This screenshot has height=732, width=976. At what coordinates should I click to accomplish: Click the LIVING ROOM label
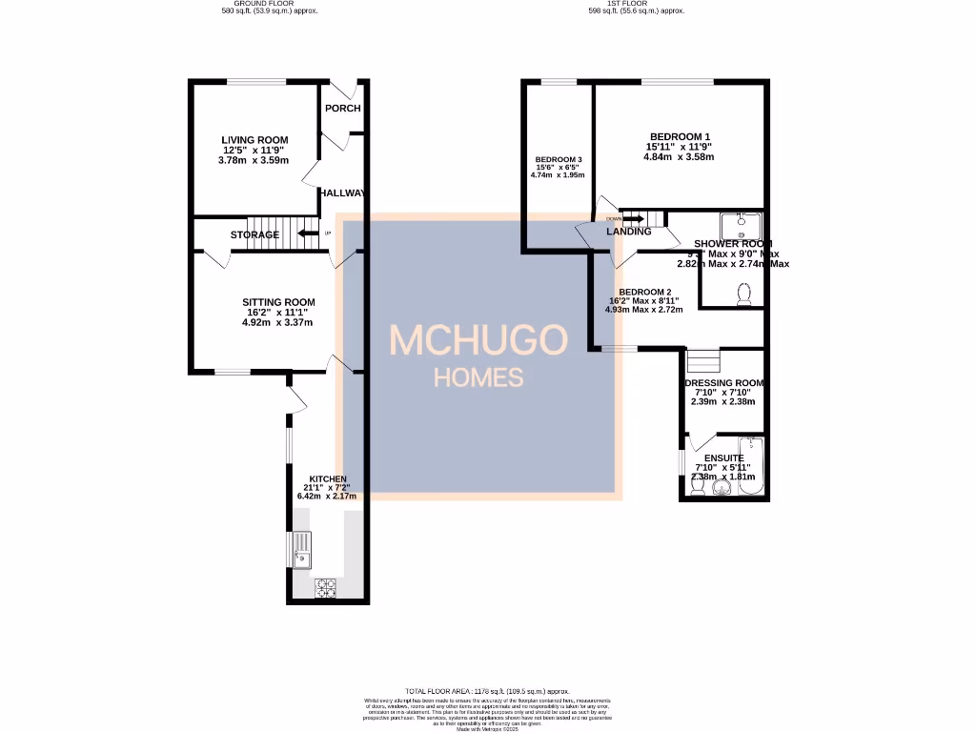(x=254, y=140)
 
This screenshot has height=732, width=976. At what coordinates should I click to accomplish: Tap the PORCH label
(x=342, y=108)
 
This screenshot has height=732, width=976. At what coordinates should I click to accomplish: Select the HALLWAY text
(x=342, y=193)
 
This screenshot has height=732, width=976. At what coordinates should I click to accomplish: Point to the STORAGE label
(x=254, y=234)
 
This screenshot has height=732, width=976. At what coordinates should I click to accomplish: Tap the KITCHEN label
(x=327, y=478)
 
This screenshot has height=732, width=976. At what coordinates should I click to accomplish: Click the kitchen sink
(x=301, y=550)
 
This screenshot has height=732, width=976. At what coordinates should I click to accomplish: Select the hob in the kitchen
(x=326, y=587)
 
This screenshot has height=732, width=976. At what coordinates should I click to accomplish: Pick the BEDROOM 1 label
(x=680, y=136)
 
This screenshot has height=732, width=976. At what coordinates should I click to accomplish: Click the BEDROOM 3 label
(x=558, y=159)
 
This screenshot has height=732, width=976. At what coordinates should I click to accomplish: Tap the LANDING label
(x=629, y=232)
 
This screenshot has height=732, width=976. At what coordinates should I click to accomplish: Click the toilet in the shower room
(x=743, y=294)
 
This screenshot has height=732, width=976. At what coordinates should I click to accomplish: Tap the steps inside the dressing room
(x=702, y=361)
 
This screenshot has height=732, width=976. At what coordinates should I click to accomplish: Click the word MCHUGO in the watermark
(x=478, y=340)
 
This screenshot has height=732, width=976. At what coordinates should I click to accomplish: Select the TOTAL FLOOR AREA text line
(x=487, y=691)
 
